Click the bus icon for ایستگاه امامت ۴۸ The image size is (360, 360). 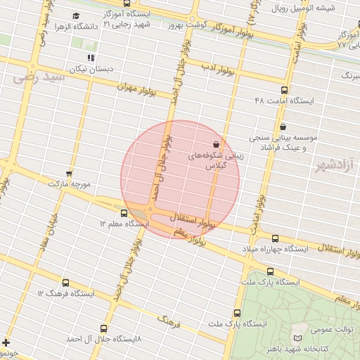click(x=284, y=90)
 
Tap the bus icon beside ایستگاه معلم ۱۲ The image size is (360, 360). click(x=124, y=213)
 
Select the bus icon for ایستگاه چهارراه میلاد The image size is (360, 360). click(x=275, y=238)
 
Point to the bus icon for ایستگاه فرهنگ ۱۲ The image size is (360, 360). click(x=66, y=282)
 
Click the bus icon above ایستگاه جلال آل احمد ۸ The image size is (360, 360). click(x=105, y=328)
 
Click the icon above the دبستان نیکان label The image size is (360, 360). click(x=90, y=58)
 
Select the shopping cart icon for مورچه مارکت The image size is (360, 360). click(x=68, y=173)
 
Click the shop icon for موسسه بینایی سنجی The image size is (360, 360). click(x=283, y=127)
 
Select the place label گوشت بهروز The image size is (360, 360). click(x=185, y=25)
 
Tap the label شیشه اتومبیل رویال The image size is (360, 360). click(x=323, y=8)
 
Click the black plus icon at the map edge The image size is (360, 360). click(x=6, y=342)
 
